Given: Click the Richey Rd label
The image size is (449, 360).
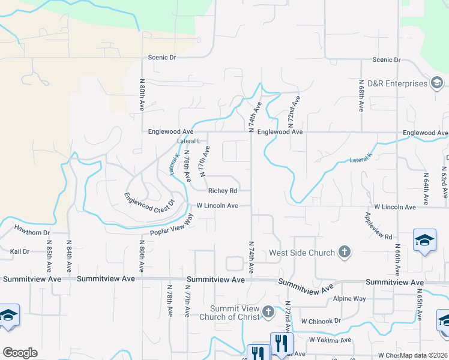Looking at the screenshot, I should pos(223,191).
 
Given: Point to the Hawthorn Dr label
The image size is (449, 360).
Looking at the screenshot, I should pos(33,232).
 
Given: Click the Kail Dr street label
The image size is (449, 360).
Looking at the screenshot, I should pos(19,251).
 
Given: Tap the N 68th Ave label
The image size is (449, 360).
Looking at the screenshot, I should pos(361,96).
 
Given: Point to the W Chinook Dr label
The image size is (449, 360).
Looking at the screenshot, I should pos(321,320).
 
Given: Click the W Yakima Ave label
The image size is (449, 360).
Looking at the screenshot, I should pos(330,340).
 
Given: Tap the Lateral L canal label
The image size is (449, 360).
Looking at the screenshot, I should pos(188,141).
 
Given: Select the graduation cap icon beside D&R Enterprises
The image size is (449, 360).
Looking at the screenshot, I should pos(437,83).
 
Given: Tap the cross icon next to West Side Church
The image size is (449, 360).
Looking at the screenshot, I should pos(345,253).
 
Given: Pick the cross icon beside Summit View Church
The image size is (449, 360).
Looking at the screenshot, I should pos(268,312).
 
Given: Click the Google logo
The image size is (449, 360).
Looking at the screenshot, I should pos(20,353).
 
